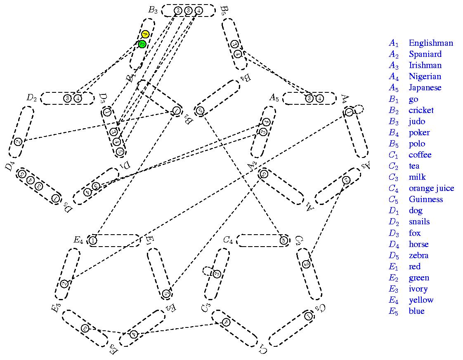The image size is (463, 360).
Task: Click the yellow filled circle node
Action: click(x=145, y=34)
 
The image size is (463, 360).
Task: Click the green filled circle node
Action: click(x=142, y=44)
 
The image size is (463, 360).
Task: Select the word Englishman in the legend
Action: click(x=431, y=43)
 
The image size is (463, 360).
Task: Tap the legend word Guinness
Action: click(x=426, y=199)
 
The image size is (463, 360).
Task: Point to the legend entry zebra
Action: click(x=418, y=255)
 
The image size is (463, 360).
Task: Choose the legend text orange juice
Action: click(x=431, y=188)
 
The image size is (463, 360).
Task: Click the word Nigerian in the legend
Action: click(x=425, y=76)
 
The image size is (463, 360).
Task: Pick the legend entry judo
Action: click(x=417, y=121)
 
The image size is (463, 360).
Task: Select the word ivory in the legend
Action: click(x=418, y=289)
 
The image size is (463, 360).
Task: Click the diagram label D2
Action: click(x=32, y=98)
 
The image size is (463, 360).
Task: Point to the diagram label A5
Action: click(x=274, y=98)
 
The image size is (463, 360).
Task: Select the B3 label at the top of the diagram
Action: click(x=153, y=10)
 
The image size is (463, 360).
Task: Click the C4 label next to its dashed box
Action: click(x=228, y=240)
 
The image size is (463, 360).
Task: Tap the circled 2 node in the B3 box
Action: click(x=178, y=11)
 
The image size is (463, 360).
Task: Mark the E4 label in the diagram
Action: click(x=78, y=240)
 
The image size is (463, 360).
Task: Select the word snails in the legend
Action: click(x=419, y=221)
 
